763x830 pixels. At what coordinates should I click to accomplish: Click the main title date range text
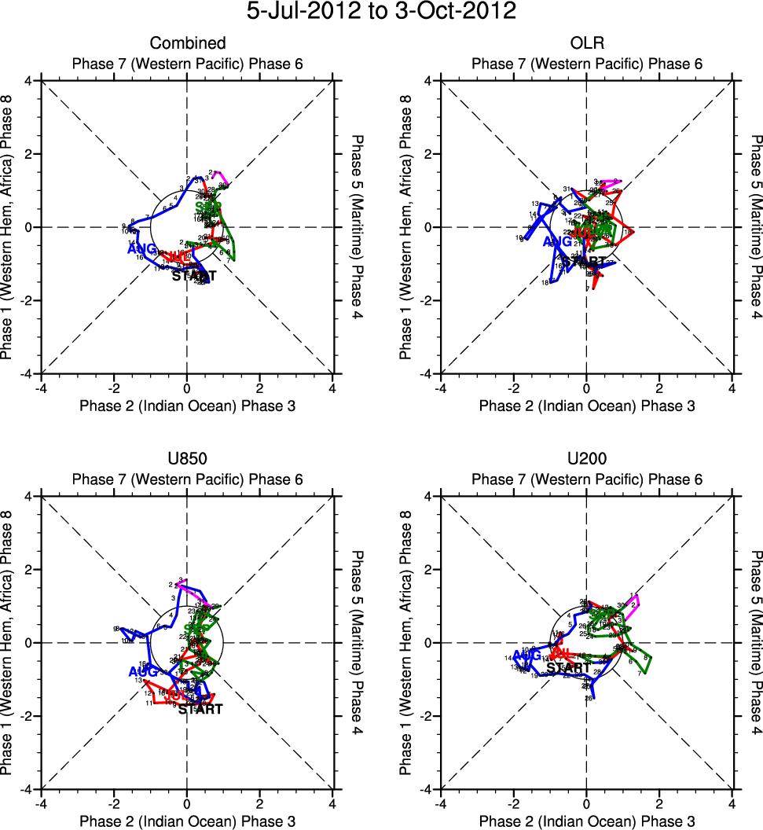(x=381, y=12)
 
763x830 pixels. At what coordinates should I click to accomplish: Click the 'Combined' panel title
(x=188, y=43)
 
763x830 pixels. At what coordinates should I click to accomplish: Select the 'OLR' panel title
(x=586, y=43)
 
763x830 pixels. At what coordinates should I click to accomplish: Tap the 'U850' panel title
(x=187, y=459)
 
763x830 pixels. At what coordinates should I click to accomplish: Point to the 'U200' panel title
(x=586, y=459)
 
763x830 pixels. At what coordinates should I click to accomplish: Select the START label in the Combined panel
(x=193, y=276)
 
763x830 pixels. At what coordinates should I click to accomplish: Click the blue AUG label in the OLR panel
(x=557, y=242)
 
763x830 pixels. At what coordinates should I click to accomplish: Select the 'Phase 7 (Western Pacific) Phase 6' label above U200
(x=586, y=479)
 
